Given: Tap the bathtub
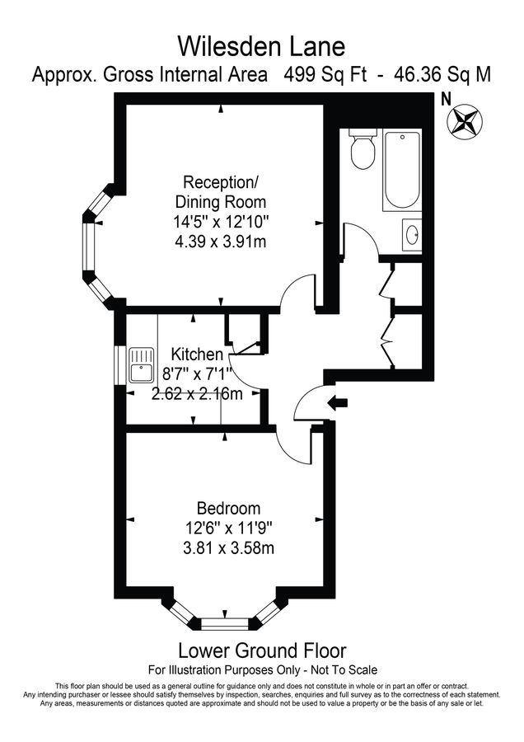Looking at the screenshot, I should tap(401, 171).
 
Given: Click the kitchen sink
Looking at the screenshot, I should tap(143, 364).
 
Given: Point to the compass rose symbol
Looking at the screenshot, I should tap(465, 121).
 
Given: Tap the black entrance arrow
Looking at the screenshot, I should tap(338, 403).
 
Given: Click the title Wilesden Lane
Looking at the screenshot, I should tap(261, 43).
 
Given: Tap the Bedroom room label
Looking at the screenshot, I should tap(227, 508).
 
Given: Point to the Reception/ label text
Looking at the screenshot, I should tap(221, 181).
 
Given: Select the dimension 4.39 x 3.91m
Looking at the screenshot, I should tap(221, 242).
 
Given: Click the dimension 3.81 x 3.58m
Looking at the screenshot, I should tap(228, 547).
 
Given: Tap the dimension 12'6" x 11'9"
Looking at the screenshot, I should tap(228, 527).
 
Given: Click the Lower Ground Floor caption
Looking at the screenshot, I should tap(262, 651).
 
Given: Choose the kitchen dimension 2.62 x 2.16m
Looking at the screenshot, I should tap(198, 393).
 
